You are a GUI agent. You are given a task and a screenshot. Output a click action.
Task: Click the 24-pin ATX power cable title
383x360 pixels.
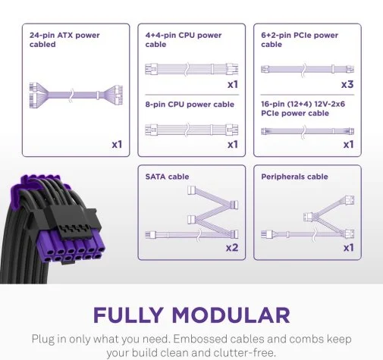[64, 39]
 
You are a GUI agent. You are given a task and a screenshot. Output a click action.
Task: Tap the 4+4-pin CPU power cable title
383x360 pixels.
[184, 39]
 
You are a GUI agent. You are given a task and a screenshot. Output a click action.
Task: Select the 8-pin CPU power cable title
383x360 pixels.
[190, 105]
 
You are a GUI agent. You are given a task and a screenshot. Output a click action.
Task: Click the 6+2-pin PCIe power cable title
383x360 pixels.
[300, 39]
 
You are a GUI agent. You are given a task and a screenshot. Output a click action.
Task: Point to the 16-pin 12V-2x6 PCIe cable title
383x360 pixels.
[303, 108]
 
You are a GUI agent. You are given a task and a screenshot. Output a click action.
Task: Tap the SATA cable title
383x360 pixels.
[167, 177]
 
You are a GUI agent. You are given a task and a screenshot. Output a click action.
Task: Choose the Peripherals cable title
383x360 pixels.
[294, 177]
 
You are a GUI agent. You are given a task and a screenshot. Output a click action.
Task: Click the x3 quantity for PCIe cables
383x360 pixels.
[347, 84]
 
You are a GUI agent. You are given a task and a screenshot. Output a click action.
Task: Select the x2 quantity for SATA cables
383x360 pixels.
[232, 248]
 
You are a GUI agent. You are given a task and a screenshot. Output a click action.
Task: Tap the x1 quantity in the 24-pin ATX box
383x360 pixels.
[117, 145]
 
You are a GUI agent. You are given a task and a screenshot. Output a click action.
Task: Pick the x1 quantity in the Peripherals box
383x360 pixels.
[349, 248]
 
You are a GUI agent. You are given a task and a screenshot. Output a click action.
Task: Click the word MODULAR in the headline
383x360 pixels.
[231, 315]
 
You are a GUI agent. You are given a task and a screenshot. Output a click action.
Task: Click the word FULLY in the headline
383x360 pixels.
[128, 315]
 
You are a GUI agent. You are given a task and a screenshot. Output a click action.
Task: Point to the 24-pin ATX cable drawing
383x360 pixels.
[76, 95]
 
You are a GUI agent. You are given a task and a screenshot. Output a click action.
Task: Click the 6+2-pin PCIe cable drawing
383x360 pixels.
[307, 69]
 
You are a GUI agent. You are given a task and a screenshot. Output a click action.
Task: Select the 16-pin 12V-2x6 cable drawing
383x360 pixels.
[307, 131]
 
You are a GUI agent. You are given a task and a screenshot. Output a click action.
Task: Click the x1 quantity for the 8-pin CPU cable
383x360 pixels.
[233, 145]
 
